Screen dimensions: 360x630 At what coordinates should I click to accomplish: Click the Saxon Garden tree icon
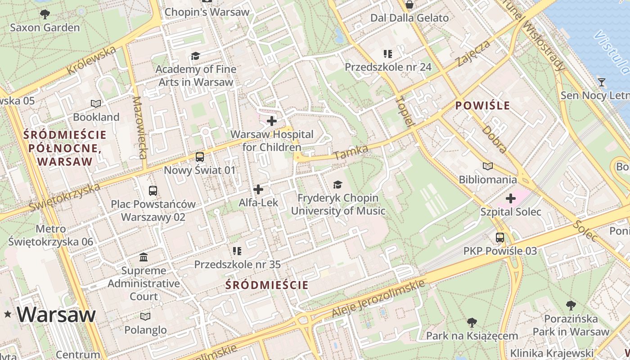point(45,14)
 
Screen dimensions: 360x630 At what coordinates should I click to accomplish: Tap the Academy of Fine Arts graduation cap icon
point(195,56)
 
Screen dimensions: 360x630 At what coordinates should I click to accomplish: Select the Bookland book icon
point(96,104)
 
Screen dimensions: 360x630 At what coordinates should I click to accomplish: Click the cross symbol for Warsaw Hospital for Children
point(272,121)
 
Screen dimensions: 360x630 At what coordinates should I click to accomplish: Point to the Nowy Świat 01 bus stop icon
point(199,157)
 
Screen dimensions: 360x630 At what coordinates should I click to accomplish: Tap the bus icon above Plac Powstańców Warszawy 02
point(153,190)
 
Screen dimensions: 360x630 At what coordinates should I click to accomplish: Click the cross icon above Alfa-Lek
point(258,189)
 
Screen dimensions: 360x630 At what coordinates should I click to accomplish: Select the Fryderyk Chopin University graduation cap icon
point(337,184)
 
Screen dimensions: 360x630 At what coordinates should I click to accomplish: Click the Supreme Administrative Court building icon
point(144,257)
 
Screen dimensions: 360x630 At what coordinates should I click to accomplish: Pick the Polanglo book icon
point(145,316)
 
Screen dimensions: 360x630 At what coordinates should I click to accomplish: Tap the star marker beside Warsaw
point(8,315)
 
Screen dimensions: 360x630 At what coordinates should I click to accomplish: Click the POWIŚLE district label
point(483,106)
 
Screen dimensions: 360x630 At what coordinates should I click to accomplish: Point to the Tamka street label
point(351,152)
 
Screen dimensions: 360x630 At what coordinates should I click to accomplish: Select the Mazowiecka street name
point(140,128)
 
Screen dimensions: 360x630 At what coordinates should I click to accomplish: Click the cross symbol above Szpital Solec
point(511,198)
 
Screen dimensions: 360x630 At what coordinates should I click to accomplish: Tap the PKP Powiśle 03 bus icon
point(500,238)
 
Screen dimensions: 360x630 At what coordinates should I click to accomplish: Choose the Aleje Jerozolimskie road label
point(378,298)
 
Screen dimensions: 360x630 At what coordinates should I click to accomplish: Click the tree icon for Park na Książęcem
point(472,322)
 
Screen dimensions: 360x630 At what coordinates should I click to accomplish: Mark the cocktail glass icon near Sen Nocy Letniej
point(602,82)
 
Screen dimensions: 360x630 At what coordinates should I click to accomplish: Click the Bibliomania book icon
point(487,166)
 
